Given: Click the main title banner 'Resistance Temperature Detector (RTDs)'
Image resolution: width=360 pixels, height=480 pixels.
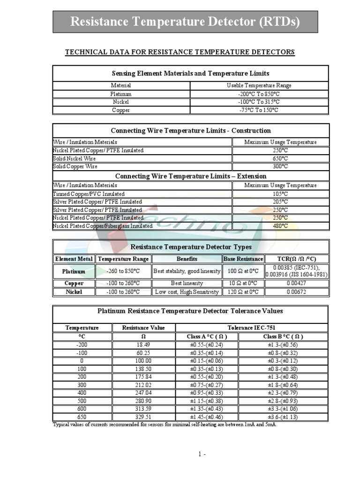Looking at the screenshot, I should (x=185, y=22).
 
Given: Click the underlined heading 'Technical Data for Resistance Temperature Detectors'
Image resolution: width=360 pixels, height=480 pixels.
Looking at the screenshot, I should (x=180, y=52).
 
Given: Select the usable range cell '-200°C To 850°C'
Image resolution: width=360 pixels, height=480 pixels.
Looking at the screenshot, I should (x=259, y=94).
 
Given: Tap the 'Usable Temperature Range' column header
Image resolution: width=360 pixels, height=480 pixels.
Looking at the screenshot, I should (x=259, y=85).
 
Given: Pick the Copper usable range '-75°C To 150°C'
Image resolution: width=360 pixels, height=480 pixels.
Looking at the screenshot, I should (x=259, y=110).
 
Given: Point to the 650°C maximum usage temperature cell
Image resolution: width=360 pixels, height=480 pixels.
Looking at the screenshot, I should (x=280, y=158).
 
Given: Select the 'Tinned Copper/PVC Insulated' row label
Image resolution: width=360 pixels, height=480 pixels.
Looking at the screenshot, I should (x=89, y=194).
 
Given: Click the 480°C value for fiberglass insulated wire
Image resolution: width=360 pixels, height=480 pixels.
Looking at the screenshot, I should (x=280, y=226).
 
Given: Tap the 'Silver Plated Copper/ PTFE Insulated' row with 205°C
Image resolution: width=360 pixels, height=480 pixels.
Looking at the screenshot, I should (x=97, y=202).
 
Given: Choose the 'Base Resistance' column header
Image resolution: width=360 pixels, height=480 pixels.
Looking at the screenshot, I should (x=243, y=259).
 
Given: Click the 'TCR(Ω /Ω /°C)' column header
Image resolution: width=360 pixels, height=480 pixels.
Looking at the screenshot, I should (x=297, y=259).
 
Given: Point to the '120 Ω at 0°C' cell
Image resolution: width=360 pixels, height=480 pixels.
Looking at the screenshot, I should (x=243, y=292).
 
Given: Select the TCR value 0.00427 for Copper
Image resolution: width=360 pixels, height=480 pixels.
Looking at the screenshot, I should (x=297, y=283).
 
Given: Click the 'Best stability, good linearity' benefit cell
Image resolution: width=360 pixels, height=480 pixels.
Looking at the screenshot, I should (x=187, y=271).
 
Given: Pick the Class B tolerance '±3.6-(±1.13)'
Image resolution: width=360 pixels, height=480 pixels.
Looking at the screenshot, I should (x=283, y=416).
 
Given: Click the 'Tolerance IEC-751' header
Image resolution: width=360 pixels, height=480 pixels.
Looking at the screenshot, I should (x=252, y=328).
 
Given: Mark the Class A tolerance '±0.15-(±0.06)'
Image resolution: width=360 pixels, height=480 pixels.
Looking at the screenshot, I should (x=207, y=361).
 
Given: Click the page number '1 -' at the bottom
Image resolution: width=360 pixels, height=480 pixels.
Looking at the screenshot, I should (x=202, y=454).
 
